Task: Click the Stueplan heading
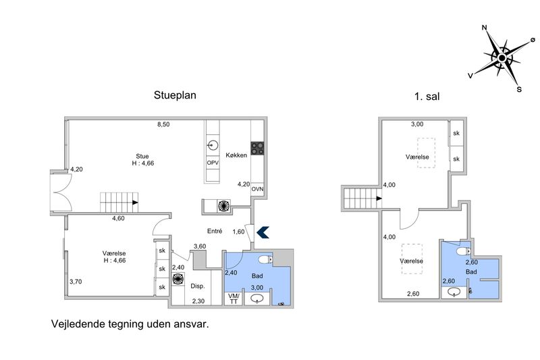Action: coord(175,95)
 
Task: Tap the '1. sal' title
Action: coord(427,97)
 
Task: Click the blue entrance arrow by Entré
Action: coord(263,232)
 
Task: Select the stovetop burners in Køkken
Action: coord(257,149)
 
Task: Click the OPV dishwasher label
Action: coord(213,163)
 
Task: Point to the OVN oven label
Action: coord(257,189)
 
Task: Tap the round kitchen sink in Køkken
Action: coord(213,145)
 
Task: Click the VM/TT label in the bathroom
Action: coord(234,299)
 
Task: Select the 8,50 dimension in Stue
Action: coord(163,124)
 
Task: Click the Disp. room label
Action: coord(198,286)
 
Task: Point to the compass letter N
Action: coord(485,28)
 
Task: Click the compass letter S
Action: coord(519,90)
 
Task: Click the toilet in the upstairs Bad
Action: coord(464,251)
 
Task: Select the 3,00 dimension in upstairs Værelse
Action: coord(417,124)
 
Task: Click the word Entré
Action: coord(215,231)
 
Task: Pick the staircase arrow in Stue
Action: coord(136,203)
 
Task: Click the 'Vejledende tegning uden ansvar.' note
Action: coord(130,324)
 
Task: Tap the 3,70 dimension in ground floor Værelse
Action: coord(76,282)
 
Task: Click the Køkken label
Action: coord(236,155)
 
